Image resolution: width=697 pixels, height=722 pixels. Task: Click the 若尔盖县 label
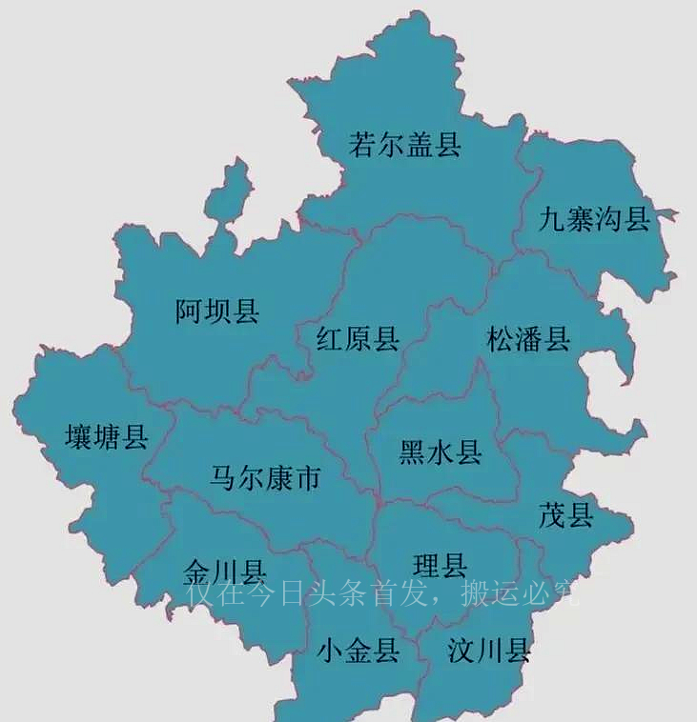point(405,146)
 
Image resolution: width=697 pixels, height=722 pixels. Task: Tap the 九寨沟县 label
point(593,220)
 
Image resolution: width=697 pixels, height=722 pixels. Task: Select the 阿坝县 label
point(217,311)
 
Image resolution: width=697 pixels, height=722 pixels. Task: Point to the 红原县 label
point(358,339)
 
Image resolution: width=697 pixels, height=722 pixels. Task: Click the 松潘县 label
point(528,339)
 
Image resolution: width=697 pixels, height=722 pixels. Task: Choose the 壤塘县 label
point(106,437)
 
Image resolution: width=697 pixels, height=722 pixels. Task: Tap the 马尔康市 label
point(266,478)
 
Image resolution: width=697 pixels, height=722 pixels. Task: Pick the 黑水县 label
point(440,452)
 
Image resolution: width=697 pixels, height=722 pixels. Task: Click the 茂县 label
point(566,515)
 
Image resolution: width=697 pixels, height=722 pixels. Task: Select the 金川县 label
point(223,572)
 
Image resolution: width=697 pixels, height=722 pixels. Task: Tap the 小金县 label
point(358,652)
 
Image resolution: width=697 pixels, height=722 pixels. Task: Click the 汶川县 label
point(489,652)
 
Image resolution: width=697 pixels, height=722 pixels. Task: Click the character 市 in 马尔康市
point(308,478)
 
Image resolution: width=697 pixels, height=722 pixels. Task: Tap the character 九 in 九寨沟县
point(552,220)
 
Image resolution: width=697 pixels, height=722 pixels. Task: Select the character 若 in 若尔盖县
point(362,146)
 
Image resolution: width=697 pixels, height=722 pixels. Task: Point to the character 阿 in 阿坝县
point(187,311)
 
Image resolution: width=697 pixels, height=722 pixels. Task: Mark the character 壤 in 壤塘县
point(77,437)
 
